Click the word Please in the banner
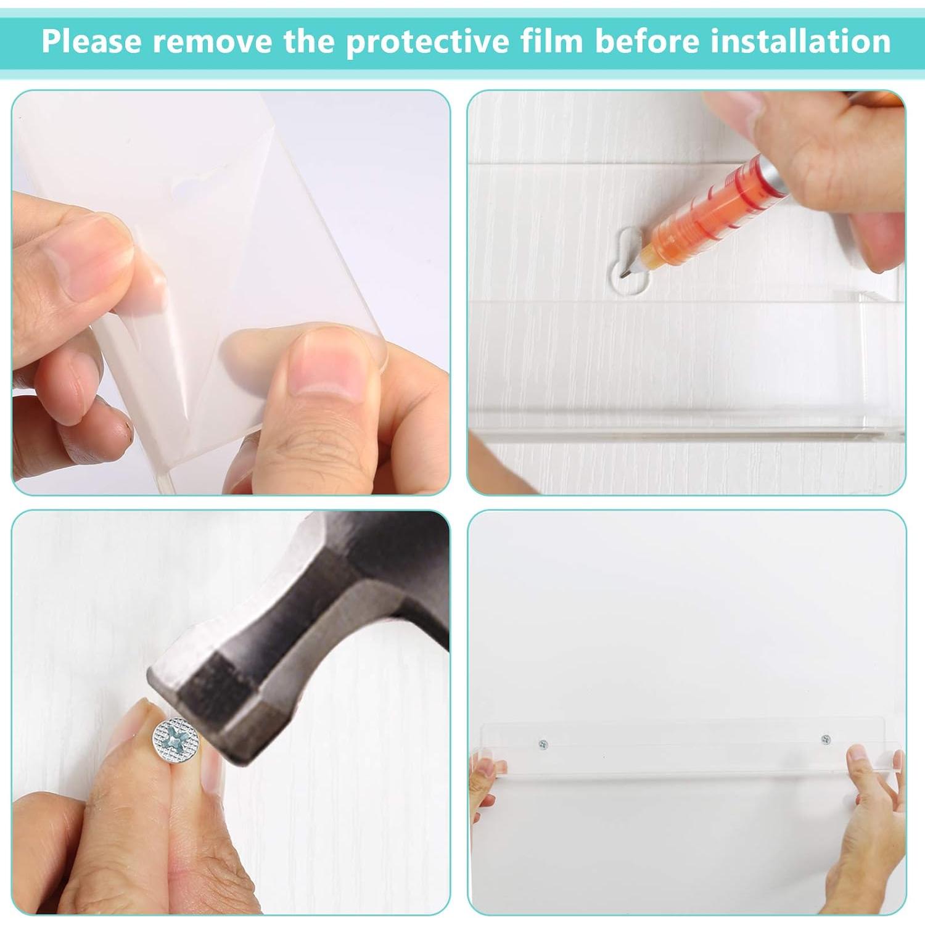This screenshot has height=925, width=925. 91,41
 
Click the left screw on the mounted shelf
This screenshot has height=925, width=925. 543,745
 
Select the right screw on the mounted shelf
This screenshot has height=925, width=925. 826,739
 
